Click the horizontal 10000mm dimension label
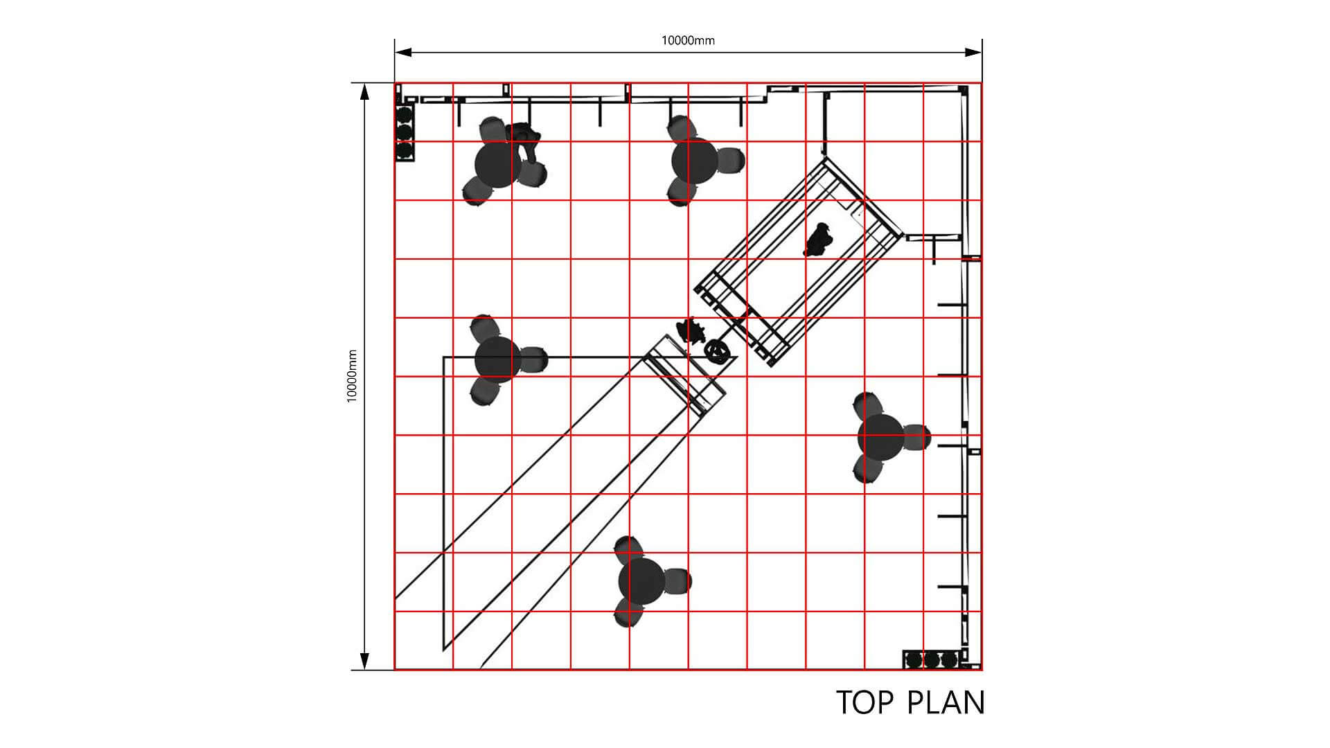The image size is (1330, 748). (688, 40)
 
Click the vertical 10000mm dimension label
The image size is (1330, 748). (352, 376)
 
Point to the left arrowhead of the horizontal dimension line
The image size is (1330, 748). (403, 52)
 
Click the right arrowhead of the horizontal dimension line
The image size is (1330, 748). (973, 52)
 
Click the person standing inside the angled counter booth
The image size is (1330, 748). (819, 240)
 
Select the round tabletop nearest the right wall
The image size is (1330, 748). (881, 438)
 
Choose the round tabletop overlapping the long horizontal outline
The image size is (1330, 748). (498, 359)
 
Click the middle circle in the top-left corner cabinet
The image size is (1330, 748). (405, 131)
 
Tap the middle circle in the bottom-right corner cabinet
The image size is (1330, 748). (932, 660)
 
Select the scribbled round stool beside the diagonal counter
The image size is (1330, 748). (718, 351)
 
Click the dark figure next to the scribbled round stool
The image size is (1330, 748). (691, 330)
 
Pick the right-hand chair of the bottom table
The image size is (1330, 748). (677, 581)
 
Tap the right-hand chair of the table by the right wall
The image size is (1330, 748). (916, 437)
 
